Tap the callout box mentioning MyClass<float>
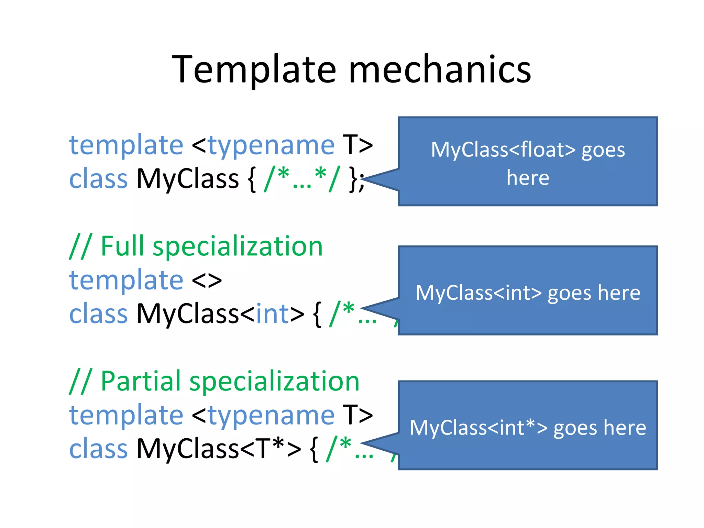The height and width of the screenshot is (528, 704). tap(528, 162)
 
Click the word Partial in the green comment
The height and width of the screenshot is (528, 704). tap(140, 381)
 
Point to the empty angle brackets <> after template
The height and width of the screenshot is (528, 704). tap(207, 280)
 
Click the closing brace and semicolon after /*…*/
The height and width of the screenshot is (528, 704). tap(356, 179)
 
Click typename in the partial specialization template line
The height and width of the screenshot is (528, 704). tap(271, 415)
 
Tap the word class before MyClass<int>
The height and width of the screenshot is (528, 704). tap(98, 314)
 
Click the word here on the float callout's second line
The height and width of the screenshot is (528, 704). tap(528, 178)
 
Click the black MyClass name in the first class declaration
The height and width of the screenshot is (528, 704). tap(187, 179)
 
